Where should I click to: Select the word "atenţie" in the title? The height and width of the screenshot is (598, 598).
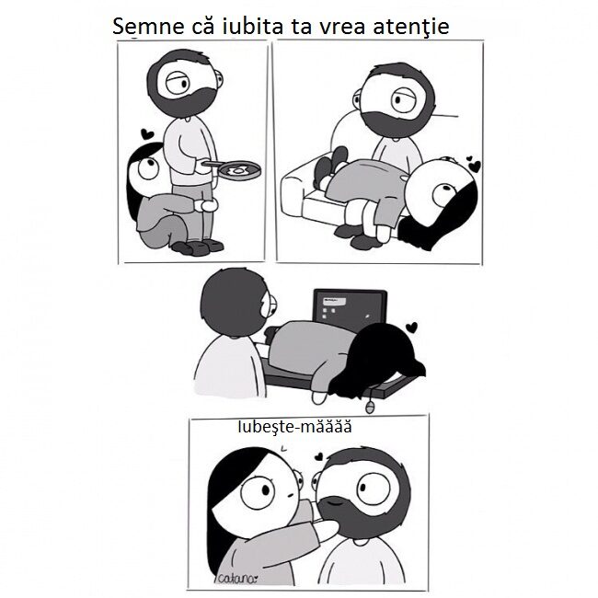[410, 27]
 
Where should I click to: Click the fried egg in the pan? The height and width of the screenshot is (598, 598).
[239, 170]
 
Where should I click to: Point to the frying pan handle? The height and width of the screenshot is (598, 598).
[213, 164]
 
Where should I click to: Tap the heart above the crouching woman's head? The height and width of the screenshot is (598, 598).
[147, 134]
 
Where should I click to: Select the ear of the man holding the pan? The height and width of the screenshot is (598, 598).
[219, 78]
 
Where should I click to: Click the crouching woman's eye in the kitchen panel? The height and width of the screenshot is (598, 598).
[147, 167]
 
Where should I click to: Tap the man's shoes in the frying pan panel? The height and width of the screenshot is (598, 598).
[198, 247]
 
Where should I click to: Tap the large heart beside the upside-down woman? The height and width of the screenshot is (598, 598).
[476, 167]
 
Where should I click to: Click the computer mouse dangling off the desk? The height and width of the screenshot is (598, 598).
[368, 408]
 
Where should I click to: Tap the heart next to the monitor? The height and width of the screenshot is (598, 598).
[411, 328]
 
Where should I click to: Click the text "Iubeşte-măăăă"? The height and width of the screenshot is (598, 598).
[294, 427]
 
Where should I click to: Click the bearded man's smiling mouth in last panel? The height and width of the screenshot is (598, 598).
[335, 501]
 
